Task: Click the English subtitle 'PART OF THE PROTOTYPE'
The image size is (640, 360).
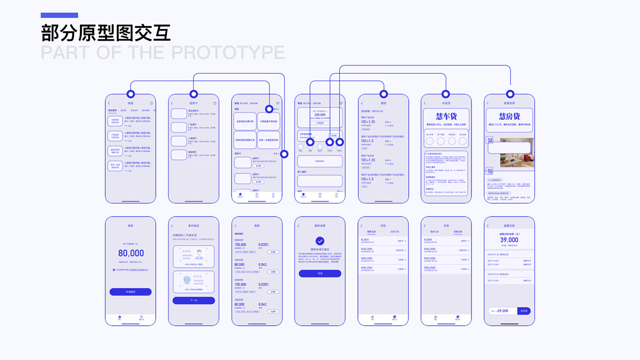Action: pyautogui.click(x=163, y=53)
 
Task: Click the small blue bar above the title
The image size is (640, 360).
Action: pyautogui.click(x=59, y=15)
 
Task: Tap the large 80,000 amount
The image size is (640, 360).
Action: pyautogui.click(x=131, y=253)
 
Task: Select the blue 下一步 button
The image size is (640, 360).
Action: pyautogui.click(x=193, y=301)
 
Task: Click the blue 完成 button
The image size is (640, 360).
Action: pyautogui.click(x=320, y=273)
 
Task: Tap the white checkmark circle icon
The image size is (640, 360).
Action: pyautogui.click(x=320, y=241)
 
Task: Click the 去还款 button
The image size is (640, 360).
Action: pyautogui.click(x=524, y=311)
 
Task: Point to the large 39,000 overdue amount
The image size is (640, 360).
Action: pyautogui.click(x=509, y=240)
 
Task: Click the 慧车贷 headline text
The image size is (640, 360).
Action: pyautogui.click(x=446, y=116)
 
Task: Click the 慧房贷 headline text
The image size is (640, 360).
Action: pyautogui.click(x=509, y=116)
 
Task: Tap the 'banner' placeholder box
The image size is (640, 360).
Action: pyautogui.click(x=320, y=161)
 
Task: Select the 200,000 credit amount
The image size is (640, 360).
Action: pyautogui.click(x=320, y=115)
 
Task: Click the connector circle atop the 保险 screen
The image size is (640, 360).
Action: pyautogui.click(x=131, y=94)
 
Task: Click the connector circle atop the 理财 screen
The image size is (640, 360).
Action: pyautogui.click(x=384, y=94)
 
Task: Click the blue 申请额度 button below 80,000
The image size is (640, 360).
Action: pyautogui.click(x=130, y=292)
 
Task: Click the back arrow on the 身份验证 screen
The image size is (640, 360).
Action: pyautogui.click(x=172, y=226)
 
